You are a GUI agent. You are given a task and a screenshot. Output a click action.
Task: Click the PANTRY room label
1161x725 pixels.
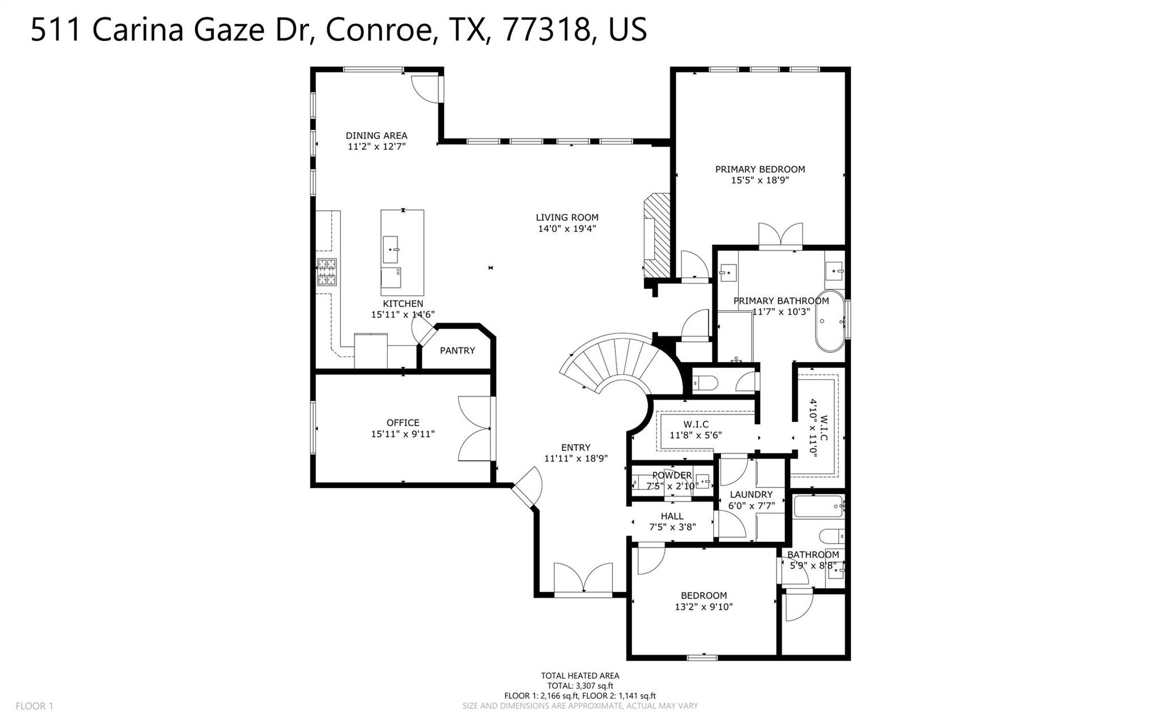click(x=457, y=351)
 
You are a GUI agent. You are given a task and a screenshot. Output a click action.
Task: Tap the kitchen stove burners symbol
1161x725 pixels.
click(x=327, y=272)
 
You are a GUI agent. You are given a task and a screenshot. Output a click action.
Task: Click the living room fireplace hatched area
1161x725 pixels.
click(x=657, y=236)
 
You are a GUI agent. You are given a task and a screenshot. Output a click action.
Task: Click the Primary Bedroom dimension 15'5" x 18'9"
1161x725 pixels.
click(x=760, y=180)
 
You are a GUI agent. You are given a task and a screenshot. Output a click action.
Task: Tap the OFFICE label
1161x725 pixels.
click(x=402, y=422)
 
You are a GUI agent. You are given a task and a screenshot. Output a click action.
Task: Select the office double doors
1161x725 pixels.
click(x=475, y=428)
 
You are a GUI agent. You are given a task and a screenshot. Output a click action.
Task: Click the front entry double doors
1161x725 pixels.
click(x=583, y=579)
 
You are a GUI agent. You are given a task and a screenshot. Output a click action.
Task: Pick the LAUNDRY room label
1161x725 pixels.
click(x=751, y=494)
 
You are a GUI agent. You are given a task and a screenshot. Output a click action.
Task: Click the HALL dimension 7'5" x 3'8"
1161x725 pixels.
click(x=672, y=527)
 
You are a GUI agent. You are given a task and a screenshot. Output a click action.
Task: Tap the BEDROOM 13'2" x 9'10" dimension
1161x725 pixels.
click(x=704, y=607)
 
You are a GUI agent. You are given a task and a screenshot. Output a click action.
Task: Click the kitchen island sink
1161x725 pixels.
click(x=390, y=250)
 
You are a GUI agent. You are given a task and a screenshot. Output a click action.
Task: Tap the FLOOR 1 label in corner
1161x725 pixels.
click(x=34, y=706)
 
